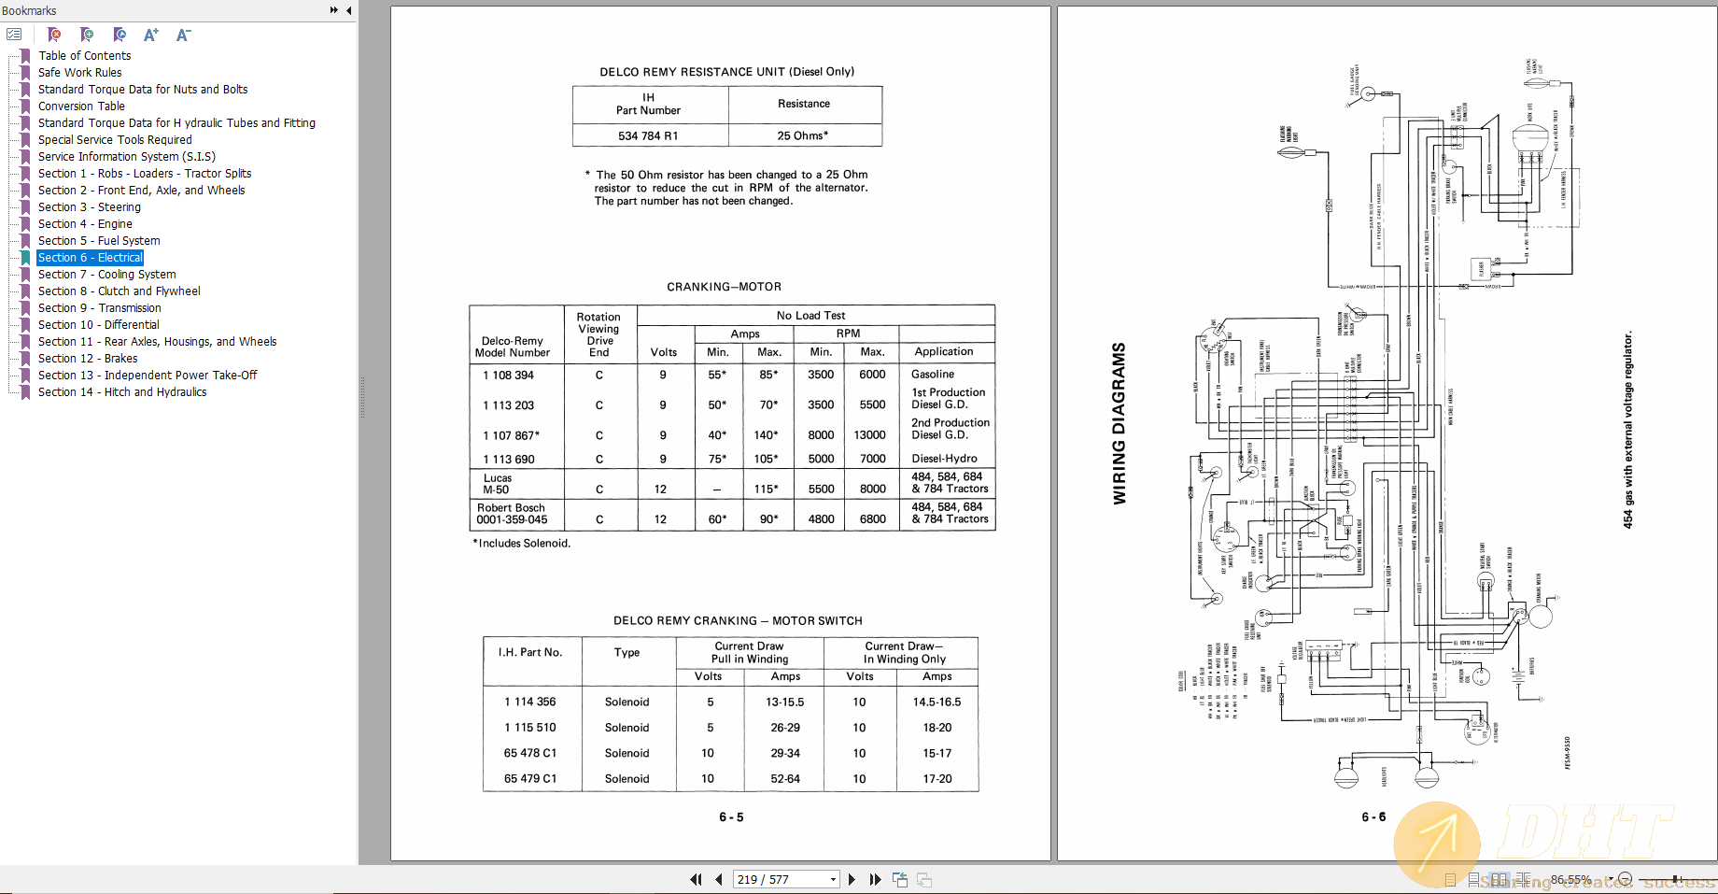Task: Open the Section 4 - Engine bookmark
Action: [x=85, y=224]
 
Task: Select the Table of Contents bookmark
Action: [x=84, y=56]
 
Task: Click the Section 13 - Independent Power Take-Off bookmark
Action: [x=148, y=376]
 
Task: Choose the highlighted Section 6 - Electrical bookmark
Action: [x=91, y=258]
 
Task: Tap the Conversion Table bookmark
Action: [x=81, y=106]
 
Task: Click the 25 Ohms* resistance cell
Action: [x=803, y=135]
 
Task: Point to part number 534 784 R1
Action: [x=648, y=135]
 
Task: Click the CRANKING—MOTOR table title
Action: [x=724, y=287]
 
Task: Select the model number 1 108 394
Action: [x=508, y=376]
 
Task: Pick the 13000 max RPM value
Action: [x=869, y=435]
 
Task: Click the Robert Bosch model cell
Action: [x=512, y=514]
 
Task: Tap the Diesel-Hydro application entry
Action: [x=944, y=459]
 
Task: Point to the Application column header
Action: [x=944, y=352]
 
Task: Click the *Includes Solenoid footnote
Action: [x=522, y=544]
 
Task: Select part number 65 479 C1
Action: [x=530, y=779]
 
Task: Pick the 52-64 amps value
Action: [x=785, y=779]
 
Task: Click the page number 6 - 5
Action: [x=731, y=817]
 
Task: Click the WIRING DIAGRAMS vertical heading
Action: [x=1120, y=424]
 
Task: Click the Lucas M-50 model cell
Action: [x=497, y=484]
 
